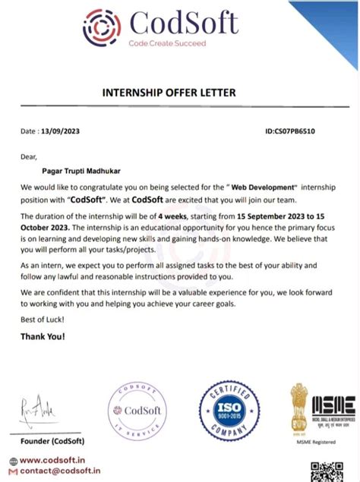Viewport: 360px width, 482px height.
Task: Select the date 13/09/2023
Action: [x=62, y=131]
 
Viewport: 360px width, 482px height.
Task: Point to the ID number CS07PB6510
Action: [x=290, y=131]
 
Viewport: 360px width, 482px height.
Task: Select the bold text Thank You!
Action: [x=43, y=336]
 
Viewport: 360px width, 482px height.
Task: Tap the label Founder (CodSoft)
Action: [x=52, y=441]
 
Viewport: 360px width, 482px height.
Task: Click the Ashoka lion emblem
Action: [x=300, y=407]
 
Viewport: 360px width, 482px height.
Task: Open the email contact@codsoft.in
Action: [x=60, y=471]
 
